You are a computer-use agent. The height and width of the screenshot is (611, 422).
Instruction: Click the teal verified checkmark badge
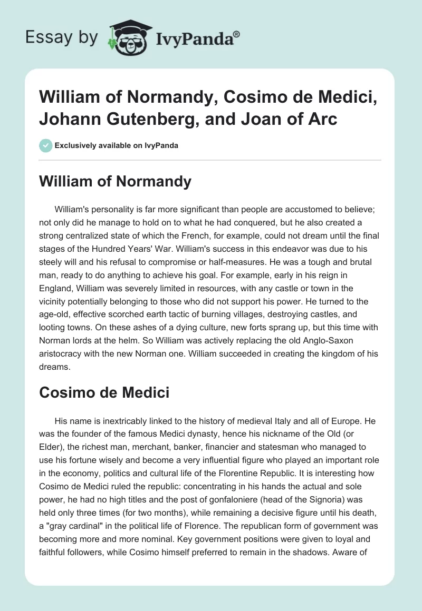pyautogui.click(x=46, y=145)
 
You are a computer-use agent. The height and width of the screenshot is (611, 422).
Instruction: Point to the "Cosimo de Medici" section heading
pyautogui.click(x=105, y=392)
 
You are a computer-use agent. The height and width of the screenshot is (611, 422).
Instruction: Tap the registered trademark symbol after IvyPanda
pyautogui.click(x=237, y=34)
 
